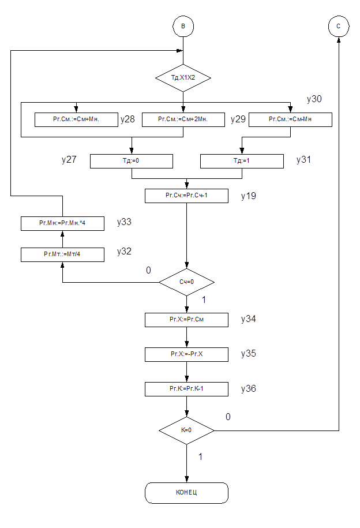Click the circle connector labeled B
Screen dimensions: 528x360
(x=183, y=27)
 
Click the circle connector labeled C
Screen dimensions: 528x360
(x=338, y=27)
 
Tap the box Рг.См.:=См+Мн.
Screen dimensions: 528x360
(x=76, y=119)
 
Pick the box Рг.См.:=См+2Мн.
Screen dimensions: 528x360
(x=183, y=119)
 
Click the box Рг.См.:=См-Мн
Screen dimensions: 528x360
(x=290, y=119)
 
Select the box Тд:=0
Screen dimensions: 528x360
(x=132, y=161)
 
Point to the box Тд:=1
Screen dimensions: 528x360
(x=242, y=161)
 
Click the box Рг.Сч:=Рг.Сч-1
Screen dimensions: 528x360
(x=186, y=196)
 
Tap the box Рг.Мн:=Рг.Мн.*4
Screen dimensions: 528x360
(x=62, y=223)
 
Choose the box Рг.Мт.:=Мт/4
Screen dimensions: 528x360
(x=62, y=254)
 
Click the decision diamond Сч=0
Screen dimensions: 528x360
(x=186, y=282)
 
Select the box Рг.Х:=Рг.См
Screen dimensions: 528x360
(x=186, y=320)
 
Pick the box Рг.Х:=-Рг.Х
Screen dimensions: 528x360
(x=186, y=354)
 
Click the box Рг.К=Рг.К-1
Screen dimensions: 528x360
(x=186, y=389)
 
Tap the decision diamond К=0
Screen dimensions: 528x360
(x=186, y=430)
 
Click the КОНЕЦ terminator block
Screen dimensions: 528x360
(x=186, y=493)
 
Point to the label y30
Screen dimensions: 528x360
(x=314, y=99)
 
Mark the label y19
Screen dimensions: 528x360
(x=249, y=196)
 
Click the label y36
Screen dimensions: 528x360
(x=249, y=389)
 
